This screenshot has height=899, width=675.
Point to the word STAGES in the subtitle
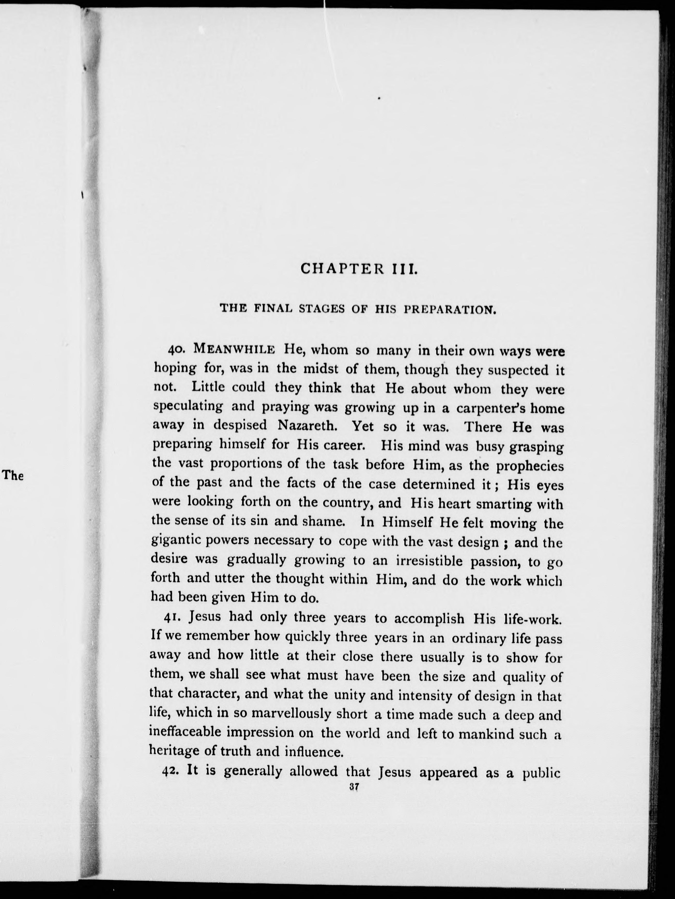(322, 309)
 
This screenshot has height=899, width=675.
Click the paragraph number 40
(177, 350)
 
